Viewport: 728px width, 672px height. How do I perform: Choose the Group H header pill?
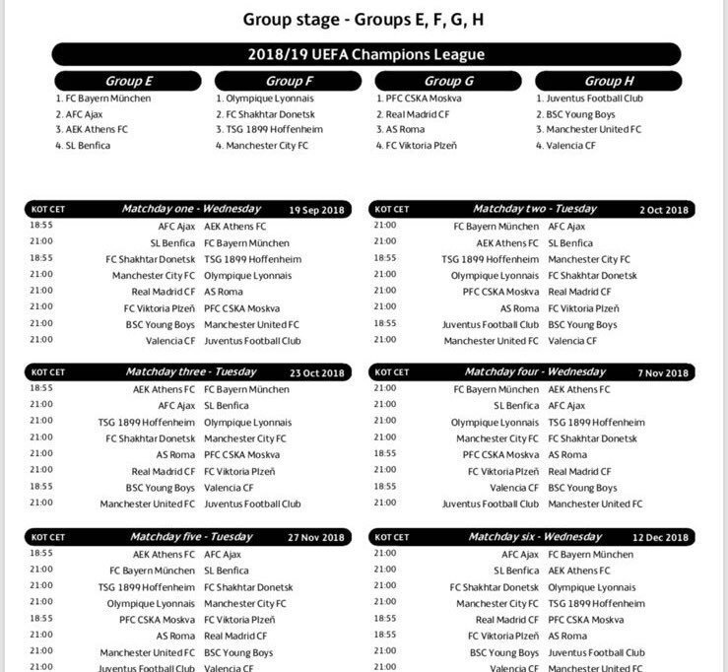(x=603, y=81)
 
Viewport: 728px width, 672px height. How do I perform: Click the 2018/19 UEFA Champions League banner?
(x=365, y=54)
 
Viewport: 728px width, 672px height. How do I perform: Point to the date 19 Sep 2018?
(x=316, y=210)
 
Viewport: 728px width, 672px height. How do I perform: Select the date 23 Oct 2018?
(x=316, y=373)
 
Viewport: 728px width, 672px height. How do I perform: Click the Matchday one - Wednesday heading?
(x=191, y=209)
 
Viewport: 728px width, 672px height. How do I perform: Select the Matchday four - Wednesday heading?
(x=535, y=372)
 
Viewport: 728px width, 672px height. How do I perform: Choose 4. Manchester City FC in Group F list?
(x=262, y=146)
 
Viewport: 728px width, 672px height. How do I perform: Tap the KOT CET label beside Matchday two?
(x=392, y=210)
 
